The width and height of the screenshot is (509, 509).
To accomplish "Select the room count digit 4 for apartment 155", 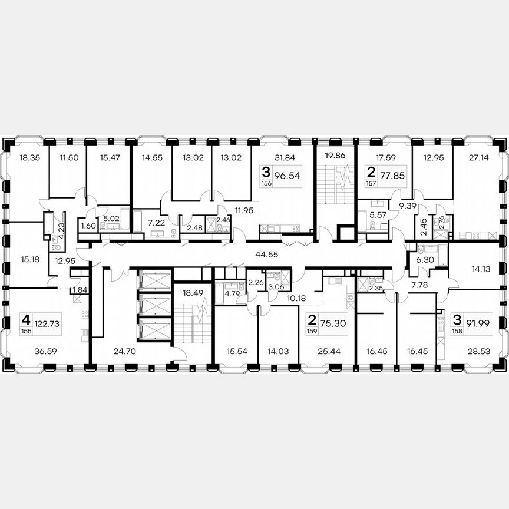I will pos(25,320).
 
